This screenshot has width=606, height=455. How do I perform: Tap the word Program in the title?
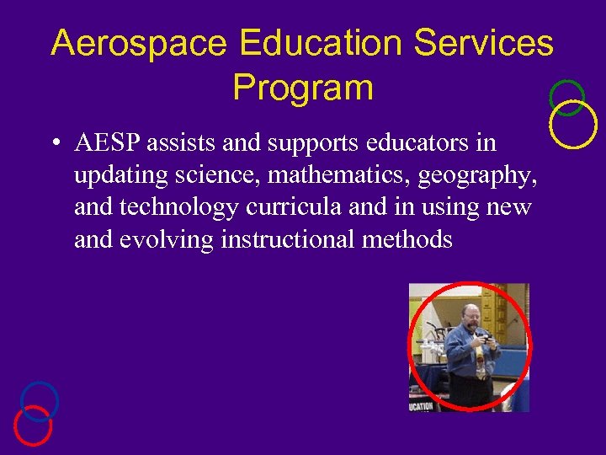(x=302, y=88)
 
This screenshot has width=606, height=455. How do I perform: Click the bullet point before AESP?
(x=53, y=144)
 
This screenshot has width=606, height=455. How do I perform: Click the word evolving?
(x=167, y=239)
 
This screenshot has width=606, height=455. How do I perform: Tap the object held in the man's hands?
(x=482, y=335)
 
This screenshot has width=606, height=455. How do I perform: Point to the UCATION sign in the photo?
(x=422, y=406)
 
